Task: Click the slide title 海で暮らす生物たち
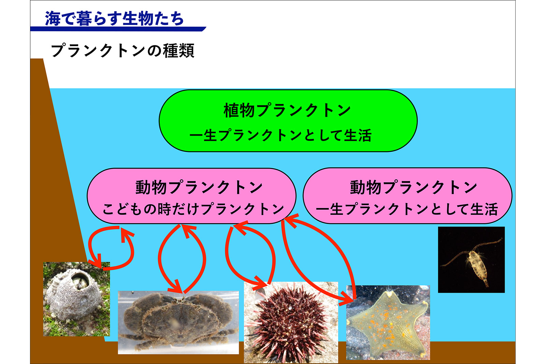[x=114, y=18]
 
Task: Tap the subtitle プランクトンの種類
[x=123, y=51]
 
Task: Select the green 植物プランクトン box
[x=288, y=121]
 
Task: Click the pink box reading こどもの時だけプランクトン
[x=191, y=196]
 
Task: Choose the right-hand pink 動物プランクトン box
[x=407, y=195]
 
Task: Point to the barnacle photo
[x=76, y=299]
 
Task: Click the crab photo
[x=178, y=322]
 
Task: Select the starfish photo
[x=388, y=323]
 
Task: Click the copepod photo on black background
[x=471, y=260]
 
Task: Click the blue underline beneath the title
[x=118, y=29]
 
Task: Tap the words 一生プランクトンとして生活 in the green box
[x=281, y=135]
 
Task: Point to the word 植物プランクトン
[x=287, y=111]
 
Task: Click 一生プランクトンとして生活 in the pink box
[x=406, y=209]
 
